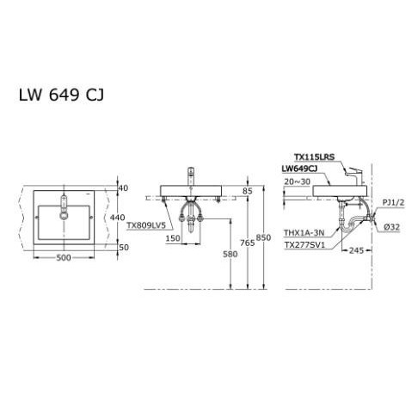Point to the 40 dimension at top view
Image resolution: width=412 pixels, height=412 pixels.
(x=122, y=188)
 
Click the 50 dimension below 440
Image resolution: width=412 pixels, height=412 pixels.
(x=122, y=247)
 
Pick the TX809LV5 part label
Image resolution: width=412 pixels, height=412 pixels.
(x=145, y=225)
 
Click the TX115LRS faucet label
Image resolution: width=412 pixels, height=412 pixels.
(x=314, y=157)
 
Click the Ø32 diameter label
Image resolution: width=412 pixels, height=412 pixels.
(x=390, y=227)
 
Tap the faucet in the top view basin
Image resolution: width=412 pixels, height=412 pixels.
(x=64, y=207)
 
